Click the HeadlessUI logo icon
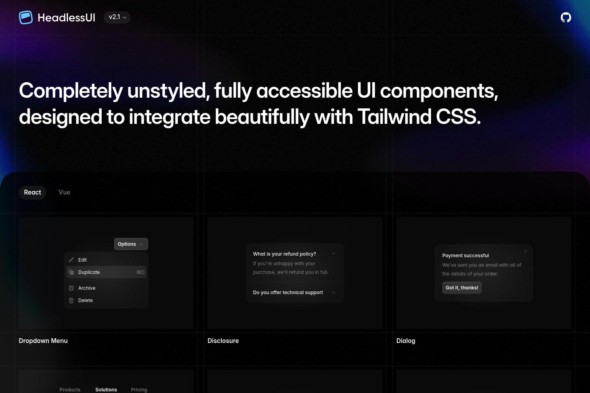tap(26, 17)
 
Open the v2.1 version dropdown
tap(117, 17)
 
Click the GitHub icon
tap(566, 17)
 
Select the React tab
tap(33, 192)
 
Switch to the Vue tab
tap(64, 192)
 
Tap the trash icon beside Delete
tap(71, 301)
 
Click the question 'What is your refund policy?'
tap(284, 254)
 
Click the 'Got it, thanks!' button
tap(462, 288)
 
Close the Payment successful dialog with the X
tap(526, 252)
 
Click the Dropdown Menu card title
tap(43, 341)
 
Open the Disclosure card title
tap(223, 341)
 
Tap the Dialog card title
tap(406, 341)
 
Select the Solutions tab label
tap(106, 389)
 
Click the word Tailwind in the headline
tap(394, 117)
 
